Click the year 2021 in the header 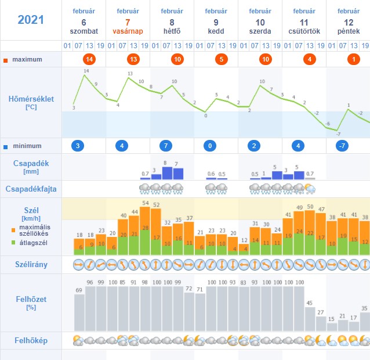point(31,20)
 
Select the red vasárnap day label point(128,31)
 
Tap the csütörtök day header point(304,31)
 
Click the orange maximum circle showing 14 point(89,59)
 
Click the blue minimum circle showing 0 point(211,146)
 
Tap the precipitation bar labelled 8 point(167,173)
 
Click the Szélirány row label point(31,264)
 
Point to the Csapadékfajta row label point(31,189)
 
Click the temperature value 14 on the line point(86,71)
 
